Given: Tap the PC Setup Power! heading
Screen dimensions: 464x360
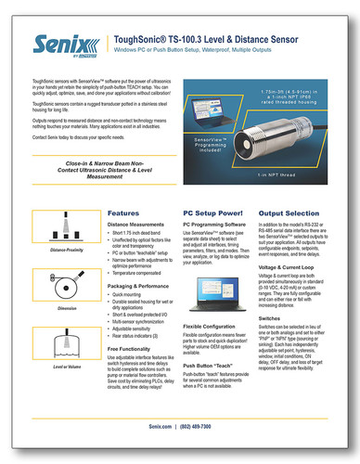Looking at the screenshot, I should tap(219, 213).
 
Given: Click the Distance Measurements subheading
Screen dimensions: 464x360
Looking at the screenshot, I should tap(140, 226).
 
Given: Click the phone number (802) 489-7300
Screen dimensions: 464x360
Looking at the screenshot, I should tap(210, 426).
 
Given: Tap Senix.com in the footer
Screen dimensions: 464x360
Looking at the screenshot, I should tap(161, 426).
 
